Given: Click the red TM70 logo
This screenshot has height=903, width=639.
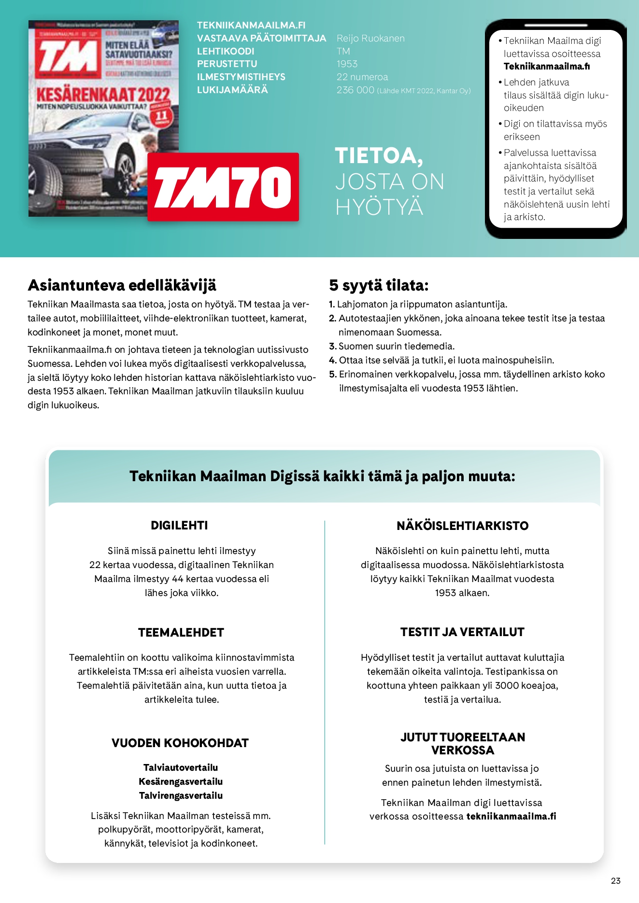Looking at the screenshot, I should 223,187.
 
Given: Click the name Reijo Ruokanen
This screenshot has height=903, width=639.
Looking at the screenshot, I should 370,38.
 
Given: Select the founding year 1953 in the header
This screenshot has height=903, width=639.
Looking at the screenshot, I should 347,64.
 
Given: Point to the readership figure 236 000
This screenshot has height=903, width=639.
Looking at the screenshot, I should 355,90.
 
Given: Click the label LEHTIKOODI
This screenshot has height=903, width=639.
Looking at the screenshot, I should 226,51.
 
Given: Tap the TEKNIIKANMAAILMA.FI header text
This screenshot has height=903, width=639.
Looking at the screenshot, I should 251,25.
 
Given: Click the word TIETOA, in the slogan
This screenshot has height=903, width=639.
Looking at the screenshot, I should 379,156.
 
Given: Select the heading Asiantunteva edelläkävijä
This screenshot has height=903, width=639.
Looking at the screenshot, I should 122,285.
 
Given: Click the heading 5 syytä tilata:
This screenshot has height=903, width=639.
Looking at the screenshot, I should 379,285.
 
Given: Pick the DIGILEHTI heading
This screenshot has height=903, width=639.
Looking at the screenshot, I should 179,526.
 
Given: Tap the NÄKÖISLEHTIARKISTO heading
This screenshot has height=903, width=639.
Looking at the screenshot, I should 462,526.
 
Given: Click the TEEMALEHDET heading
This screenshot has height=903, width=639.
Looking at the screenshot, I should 181,632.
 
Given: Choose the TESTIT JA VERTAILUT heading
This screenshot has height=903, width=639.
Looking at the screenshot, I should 462,632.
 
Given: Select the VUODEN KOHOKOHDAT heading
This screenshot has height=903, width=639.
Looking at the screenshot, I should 180,743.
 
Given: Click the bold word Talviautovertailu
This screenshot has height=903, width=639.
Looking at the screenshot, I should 181,767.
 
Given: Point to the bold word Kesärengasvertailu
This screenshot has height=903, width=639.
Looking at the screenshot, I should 181,781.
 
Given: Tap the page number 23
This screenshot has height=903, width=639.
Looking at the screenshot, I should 615,881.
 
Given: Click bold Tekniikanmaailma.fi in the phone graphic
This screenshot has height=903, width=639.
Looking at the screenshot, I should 546,67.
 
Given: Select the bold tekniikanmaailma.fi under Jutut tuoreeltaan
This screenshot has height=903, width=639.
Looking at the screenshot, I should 511,816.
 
